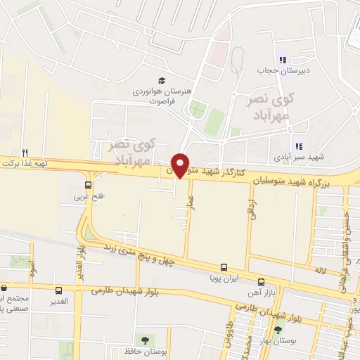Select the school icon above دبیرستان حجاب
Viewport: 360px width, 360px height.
pyautogui.click(x=284, y=60)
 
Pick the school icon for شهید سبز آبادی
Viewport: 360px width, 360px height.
pyautogui.click(x=298, y=146)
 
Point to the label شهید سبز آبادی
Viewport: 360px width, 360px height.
pyautogui.click(x=319, y=157)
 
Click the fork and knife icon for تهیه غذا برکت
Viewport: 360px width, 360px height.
pyautogui.click(x=25, y=153)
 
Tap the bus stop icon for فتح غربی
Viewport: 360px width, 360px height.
pyautogui.click(x=88, y=186)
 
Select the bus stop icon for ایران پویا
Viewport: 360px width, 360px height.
pyautogui.click(x=224, y=267)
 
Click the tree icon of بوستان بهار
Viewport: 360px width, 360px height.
pyautogui.click(x=279, y=329)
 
